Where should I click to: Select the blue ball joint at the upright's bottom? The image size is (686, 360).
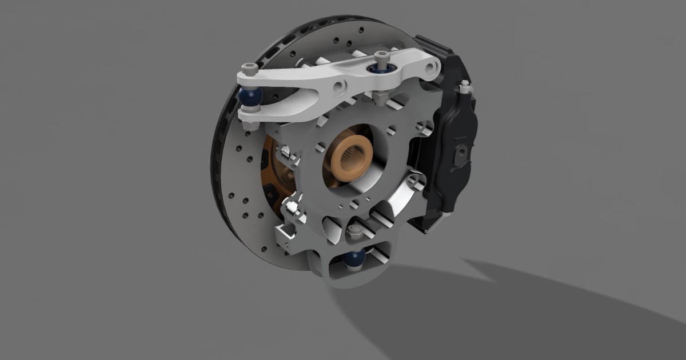coord(354,260)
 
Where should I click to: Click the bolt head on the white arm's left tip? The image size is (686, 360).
coord(249,71)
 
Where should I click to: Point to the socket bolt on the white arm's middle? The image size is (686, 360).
coord(381,57)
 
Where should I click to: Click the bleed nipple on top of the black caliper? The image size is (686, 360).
coord(464,86)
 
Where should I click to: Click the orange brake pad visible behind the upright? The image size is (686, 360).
coord(268,171)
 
